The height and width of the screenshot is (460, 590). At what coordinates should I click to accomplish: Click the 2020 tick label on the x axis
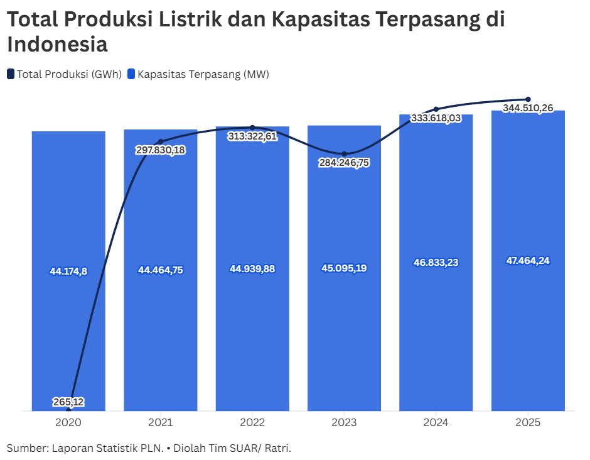68,423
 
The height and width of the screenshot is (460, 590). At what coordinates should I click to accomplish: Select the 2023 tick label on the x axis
344,423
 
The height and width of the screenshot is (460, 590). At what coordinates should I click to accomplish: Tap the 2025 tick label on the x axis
528,423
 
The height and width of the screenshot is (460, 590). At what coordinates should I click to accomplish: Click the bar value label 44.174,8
68,271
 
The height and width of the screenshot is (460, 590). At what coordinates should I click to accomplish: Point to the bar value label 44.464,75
161,270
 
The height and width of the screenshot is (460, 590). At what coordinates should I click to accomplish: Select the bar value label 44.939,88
252,269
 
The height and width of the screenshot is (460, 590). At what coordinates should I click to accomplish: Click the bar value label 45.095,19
344,268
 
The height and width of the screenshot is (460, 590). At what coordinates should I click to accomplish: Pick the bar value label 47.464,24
528,261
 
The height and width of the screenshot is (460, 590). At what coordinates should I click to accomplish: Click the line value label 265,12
68,402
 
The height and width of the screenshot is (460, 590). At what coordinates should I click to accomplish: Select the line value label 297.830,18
161,150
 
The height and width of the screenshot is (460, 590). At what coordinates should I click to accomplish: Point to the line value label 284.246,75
344,163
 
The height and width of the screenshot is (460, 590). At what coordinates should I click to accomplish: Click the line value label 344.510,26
528,108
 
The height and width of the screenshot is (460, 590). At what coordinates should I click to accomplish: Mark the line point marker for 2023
344,154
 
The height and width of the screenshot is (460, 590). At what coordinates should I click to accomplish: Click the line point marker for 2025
528,99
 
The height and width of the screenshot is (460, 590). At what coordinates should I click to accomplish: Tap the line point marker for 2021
161,141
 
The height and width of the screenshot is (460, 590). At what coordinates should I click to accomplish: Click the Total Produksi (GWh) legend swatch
11,74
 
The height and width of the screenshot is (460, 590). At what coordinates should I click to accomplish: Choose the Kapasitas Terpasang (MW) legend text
203,74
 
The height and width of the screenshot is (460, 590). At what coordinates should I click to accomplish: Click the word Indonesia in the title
57,45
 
